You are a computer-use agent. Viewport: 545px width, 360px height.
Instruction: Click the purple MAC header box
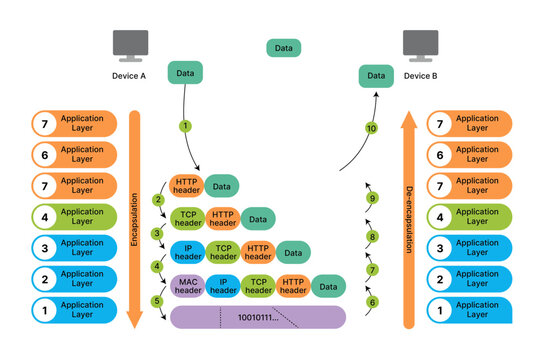pyautogui.click(x=187, y=286)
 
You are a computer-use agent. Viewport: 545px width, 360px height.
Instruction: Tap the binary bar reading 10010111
pyautogui.click(x=257, y=318)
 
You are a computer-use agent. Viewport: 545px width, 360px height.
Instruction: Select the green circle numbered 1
pyautogui.click(x=184, y=126)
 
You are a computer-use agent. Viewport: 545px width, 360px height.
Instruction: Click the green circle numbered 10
pyautogui.click(x=372, y=129)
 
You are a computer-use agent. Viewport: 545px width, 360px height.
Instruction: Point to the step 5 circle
pyautogui.click(x=157, y=301)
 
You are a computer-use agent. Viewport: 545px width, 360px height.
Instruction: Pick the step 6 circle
pyautogui.click(x=372, y=302)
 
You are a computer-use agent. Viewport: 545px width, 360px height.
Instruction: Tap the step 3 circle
pyautogui.click(x=157, y=234)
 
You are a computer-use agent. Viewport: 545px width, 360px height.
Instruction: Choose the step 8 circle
pyautogui.click(x=372, y=237)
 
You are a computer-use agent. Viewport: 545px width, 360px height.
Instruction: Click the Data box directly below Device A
pyautogui.click(x=185, y=73)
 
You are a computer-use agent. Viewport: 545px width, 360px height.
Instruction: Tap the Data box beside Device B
pyautogui.click(x=375, y=75)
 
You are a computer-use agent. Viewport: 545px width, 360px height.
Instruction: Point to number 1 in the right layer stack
pyautogui.click(x=441, y=310)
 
